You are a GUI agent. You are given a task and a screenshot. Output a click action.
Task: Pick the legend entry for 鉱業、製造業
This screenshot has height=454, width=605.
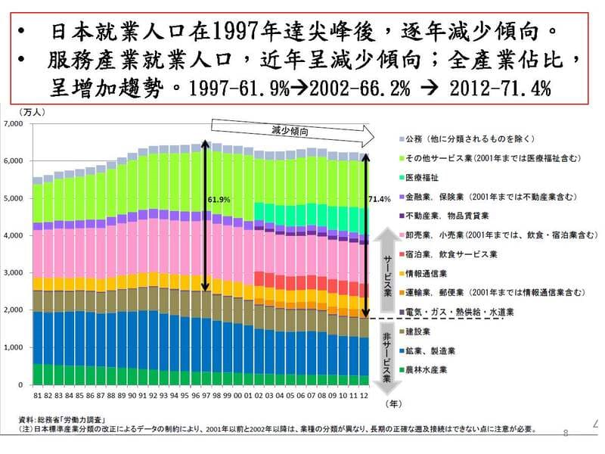[x=427, y=351]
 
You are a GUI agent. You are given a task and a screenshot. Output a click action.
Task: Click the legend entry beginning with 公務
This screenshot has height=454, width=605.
[x=469, y=139]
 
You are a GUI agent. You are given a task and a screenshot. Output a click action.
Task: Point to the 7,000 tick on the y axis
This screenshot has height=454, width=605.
[x=15, y=123]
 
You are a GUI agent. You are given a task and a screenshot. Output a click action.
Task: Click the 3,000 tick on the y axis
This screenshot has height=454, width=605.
[x=15, y=272]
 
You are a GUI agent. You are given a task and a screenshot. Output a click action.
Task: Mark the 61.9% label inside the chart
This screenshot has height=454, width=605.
[x=218, y=201]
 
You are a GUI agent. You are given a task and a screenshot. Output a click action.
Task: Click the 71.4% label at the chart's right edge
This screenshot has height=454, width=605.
[x=379, y=199]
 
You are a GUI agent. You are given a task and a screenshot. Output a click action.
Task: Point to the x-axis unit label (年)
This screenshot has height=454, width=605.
[x=392, y=405]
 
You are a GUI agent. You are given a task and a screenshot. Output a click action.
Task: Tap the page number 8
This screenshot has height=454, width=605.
[x=566, y=433]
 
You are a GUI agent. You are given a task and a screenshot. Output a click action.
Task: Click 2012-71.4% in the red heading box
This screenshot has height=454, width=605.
[x=501, y=87]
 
